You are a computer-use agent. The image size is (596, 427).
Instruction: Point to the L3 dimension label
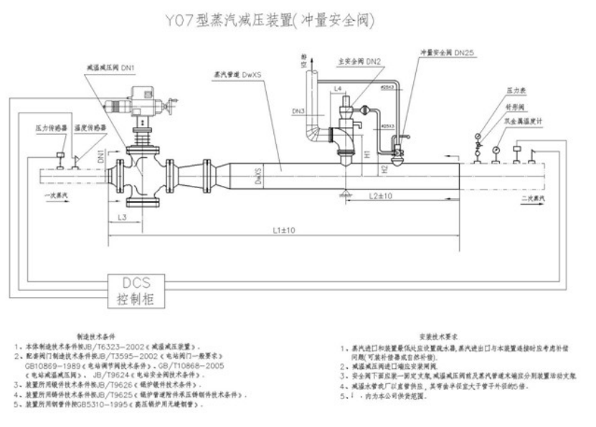(122, 215)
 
